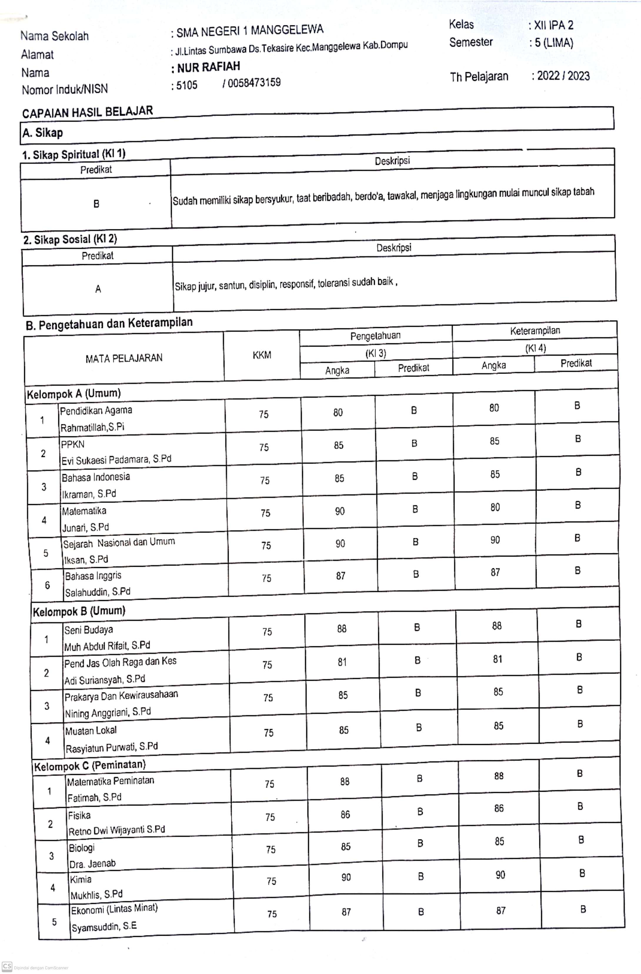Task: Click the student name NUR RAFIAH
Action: click(x=208, y=67)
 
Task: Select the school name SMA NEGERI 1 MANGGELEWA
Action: click(x=250, y=31)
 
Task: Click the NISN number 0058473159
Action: click(x=254, y=83)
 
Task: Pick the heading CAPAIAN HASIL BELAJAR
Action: click(x=88, y=112)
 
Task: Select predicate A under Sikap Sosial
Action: click(x=98, y=289)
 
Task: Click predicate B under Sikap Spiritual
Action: click(x=96, y=203)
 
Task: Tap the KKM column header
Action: click(x=262, y=355)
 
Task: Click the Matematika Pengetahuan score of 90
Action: click(x=340, y=511)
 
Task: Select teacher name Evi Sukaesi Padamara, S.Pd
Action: click(x=116, y=460)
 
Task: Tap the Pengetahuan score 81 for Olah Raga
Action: click(x=342, y=662)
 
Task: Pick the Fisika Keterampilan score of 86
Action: click(x=499, y=808)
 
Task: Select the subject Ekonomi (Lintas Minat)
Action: click(x=114, y=909)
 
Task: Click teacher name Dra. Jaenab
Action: click(x=92, y=864)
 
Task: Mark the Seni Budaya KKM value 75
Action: click(x=267, y=632)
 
